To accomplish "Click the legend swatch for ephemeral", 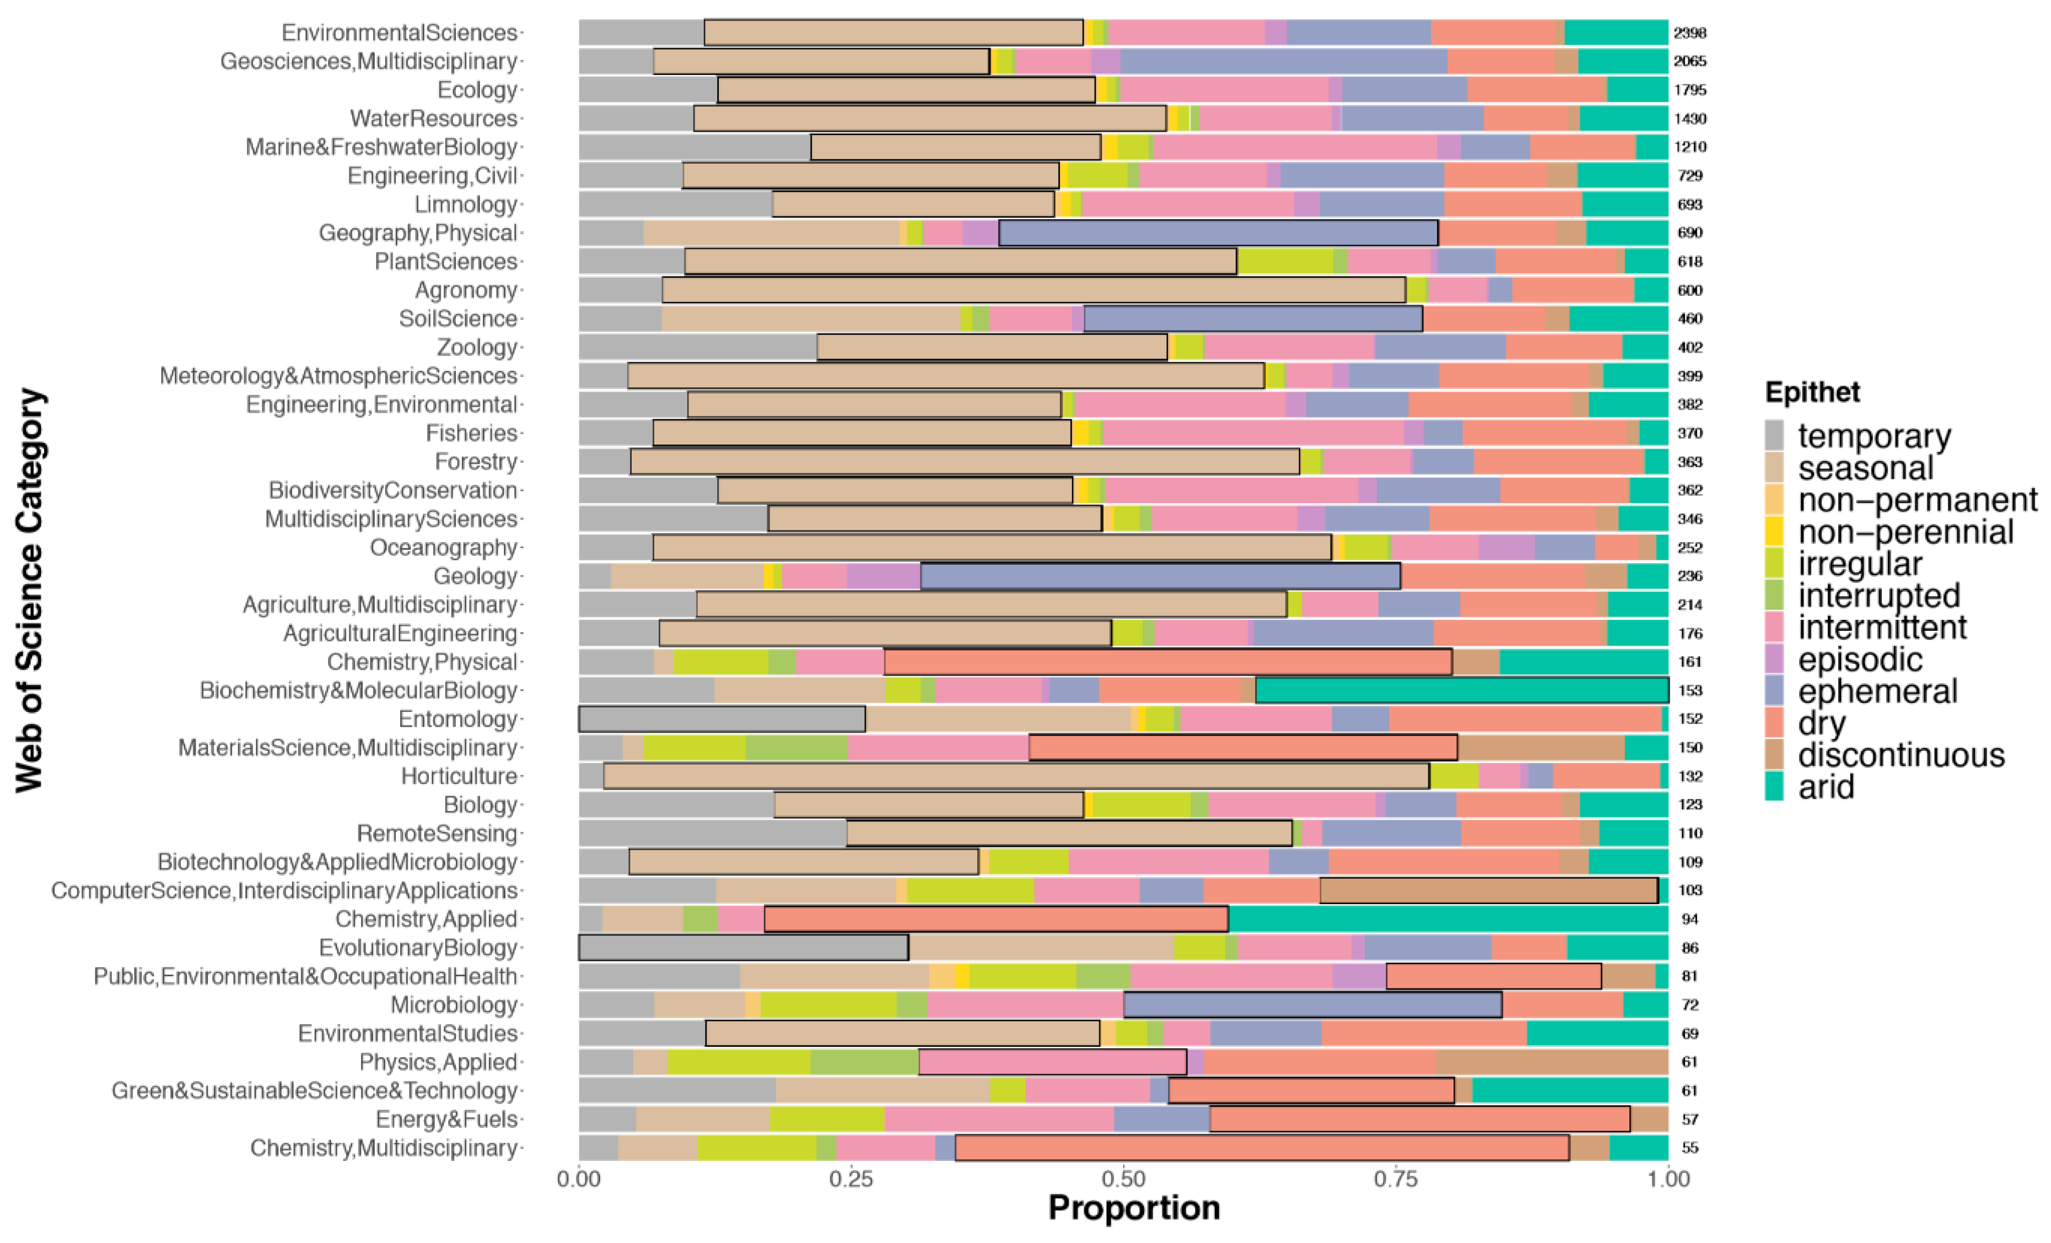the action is click(1774, 690).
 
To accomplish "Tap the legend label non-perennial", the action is click(1905, 532).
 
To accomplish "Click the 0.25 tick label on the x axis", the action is click(850, 1179).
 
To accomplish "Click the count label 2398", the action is click(1690, 33).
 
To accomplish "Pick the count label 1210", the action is click(1690, 147).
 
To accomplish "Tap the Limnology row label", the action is click(466, 204).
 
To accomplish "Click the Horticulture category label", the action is click(460, 776).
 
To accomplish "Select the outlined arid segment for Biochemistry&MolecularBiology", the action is click(1462, 690).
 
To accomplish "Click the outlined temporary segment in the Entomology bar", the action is click(722, 719).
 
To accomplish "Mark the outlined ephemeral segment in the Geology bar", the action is click(1160, 576).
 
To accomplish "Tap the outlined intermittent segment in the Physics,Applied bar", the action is click(1052, 1062).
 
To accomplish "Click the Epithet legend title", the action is click(1813, 391).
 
